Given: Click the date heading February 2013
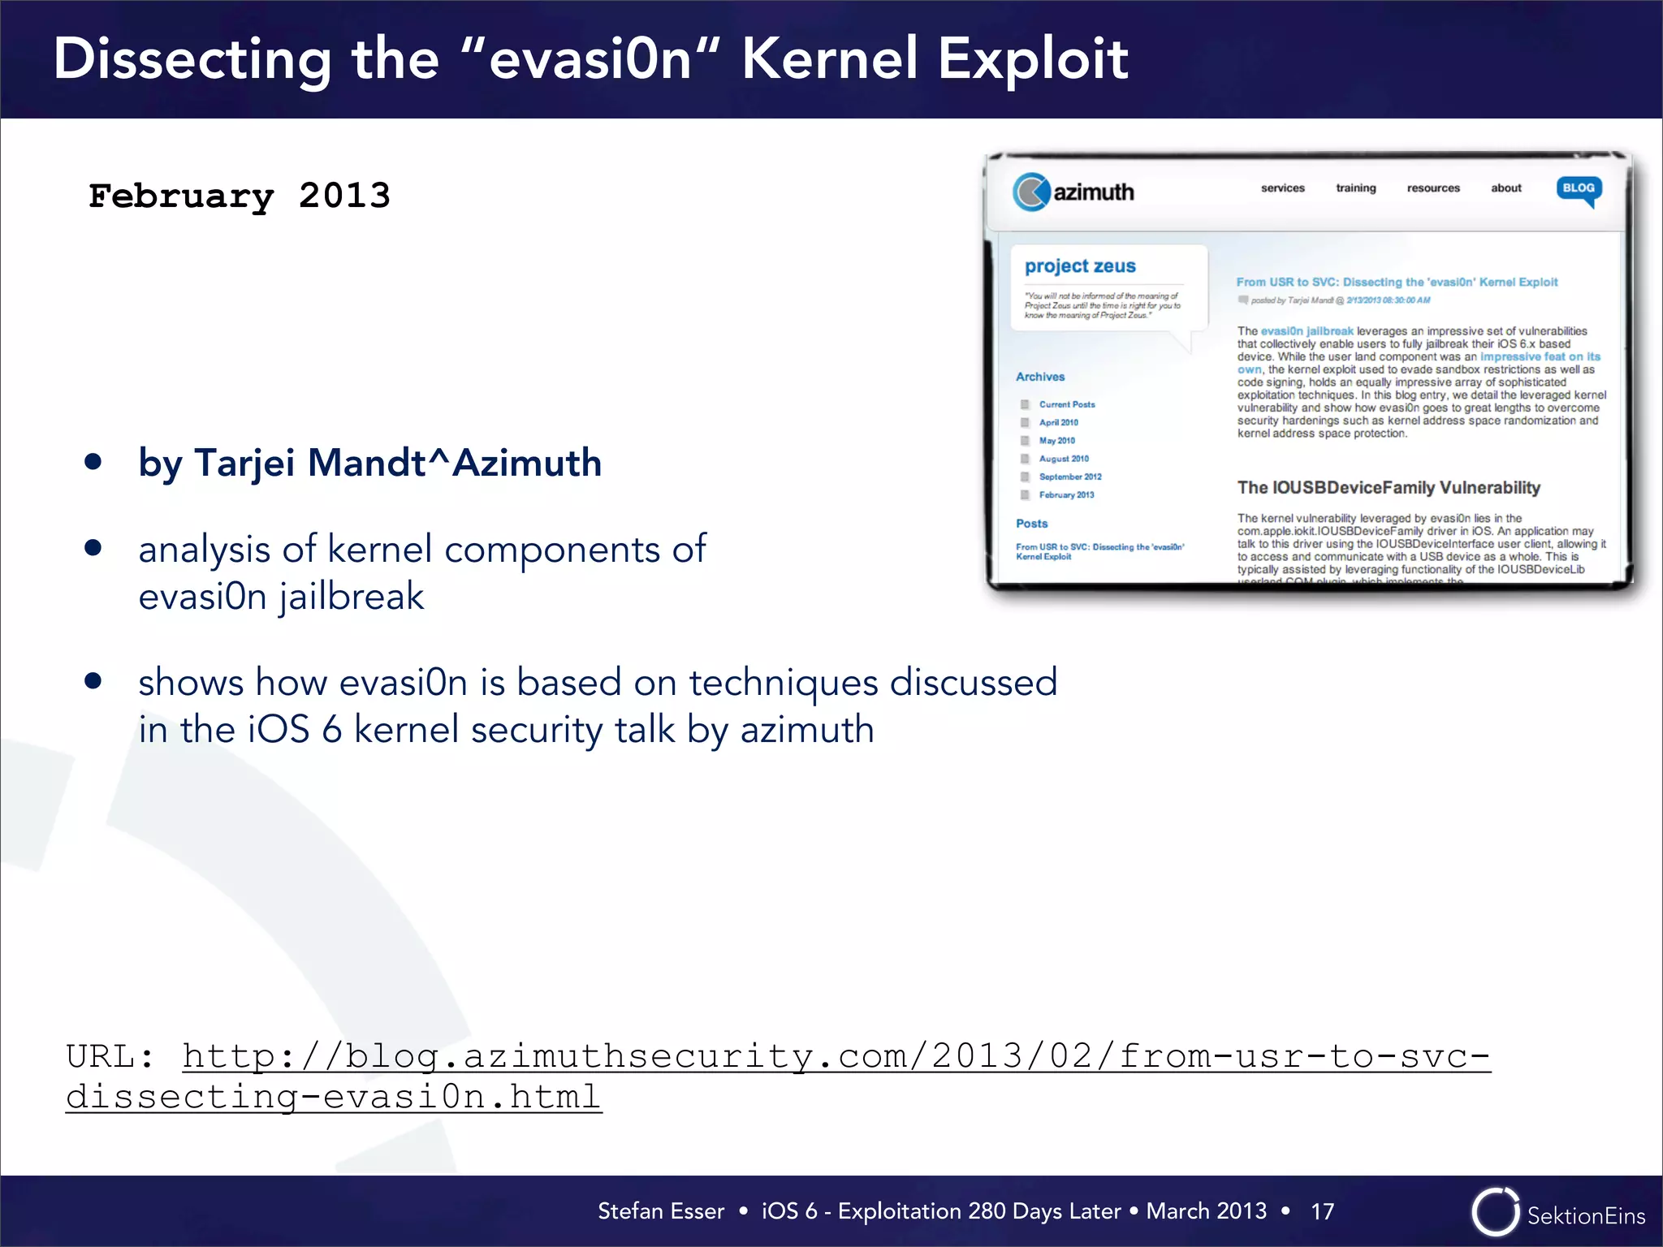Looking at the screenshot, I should [240, 196].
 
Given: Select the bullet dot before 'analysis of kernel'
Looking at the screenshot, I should [93, 549].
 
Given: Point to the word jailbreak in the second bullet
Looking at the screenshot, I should [352, 597].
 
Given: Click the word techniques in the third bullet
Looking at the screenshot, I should [784, 682].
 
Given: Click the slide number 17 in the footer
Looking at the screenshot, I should [1322, 1211].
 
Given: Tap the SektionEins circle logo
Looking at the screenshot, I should [1495, 1212].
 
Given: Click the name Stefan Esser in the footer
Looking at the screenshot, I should [661, 1211].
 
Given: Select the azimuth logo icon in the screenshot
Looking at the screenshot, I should [1031, 192].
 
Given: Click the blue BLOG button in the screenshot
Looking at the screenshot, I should [1579, 188].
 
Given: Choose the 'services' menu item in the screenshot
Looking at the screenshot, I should [1282, 188].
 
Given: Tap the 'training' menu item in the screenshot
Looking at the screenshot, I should [1356, 188].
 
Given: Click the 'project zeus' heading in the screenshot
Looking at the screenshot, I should [1080, 266].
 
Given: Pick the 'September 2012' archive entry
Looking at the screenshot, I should [1070, 477].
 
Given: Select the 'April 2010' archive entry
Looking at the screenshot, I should [1059, 422].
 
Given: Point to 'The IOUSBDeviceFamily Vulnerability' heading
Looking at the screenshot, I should [1389, 488].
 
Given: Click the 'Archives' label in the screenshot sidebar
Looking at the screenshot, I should [1040, 377].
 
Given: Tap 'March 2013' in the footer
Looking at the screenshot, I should [1206, 1211].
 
